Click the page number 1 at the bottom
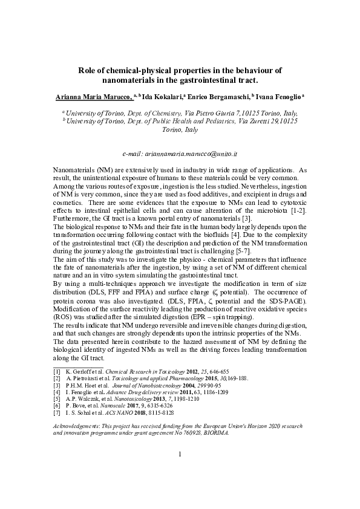pyautogui.click(x=180, y=470)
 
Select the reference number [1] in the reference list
pyautogui.click(x=57, y=370)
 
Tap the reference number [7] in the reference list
pyautogui.click(x=57, y=412)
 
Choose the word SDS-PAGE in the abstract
pyautogui.click(x=286, y=301)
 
